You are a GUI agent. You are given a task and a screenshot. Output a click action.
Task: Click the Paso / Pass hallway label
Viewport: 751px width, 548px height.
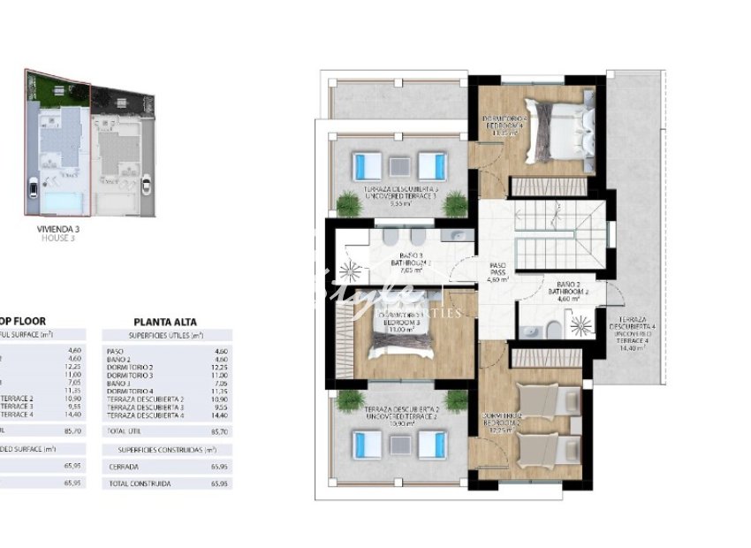[x=497, y=271]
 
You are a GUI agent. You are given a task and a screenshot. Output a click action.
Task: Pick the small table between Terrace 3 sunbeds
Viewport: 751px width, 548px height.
[x=399, y=165]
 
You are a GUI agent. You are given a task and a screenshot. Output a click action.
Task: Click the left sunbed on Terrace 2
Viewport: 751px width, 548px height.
[x=364, y=443]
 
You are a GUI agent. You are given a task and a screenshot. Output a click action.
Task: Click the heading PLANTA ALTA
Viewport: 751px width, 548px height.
[x=164, y=322]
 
